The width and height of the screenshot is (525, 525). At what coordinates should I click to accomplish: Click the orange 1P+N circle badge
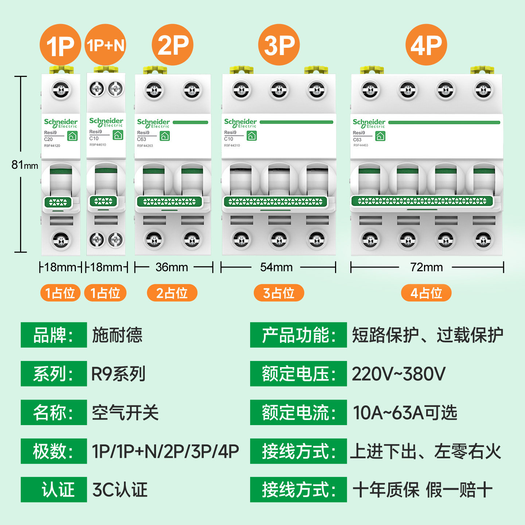tap(105, 45)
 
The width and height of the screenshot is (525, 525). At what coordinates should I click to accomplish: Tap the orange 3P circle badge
tap(279, 45)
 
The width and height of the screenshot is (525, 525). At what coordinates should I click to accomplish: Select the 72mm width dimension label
tap(426, 267)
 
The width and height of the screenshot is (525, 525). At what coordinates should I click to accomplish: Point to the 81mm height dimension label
tap(24, 164)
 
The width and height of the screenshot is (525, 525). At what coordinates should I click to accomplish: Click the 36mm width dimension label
tap(172, 267)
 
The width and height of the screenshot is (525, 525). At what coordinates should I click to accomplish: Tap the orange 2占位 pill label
tap(172, 293)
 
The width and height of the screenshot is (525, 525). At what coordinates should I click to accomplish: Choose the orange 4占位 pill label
tap(426, 293)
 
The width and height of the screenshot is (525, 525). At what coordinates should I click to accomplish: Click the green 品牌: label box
tap(54, 335)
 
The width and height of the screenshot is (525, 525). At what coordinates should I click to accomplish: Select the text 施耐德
tap(117, 335)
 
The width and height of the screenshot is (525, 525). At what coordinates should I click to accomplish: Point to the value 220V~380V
tap(398, 374)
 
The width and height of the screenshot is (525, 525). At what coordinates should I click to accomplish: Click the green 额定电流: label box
tap(298, 412)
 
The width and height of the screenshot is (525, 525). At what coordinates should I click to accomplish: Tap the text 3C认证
tap(120, 490)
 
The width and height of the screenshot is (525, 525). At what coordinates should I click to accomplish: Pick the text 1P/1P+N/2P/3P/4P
tap(165, 451)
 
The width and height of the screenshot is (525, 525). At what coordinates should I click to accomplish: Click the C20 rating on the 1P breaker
tap(48, 139)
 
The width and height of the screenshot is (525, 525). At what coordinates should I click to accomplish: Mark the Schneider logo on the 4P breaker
tap(369, 124)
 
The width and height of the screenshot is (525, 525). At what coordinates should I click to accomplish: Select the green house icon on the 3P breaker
tap(252, 136)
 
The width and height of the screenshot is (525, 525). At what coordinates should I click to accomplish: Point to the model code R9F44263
tap(145, 146)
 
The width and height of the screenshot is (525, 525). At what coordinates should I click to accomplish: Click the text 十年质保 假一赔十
tap(422, 490)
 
